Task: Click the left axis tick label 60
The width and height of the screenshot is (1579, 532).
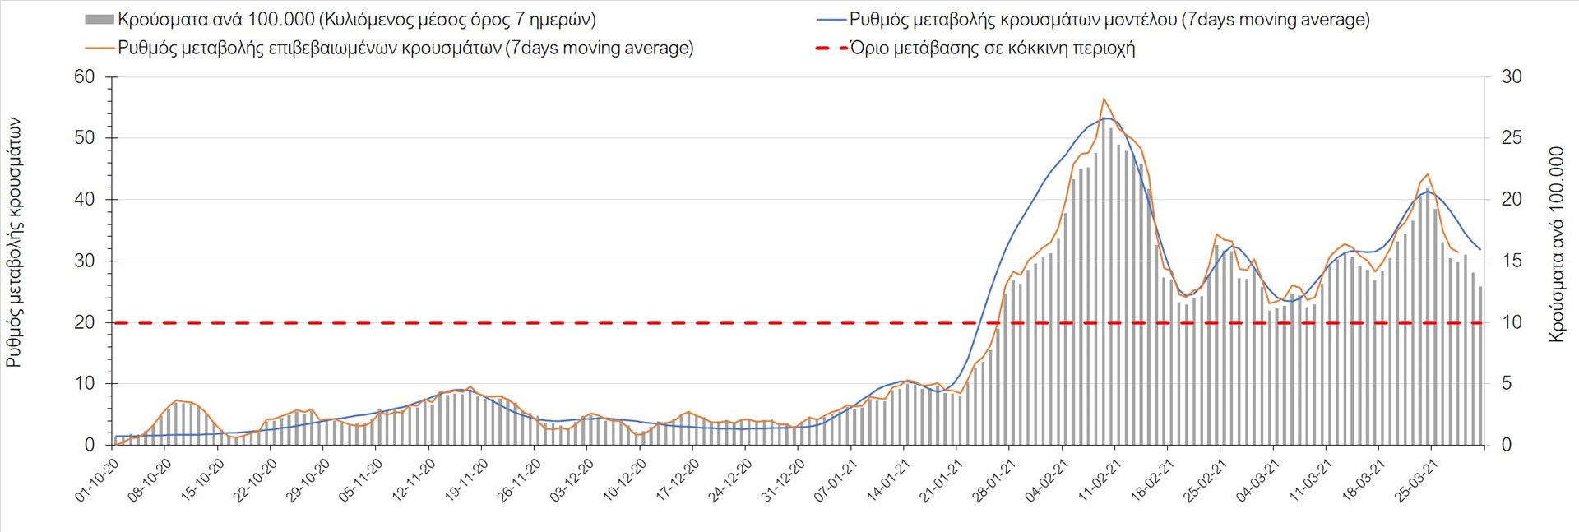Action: pyautogui.click(x=85, y=77)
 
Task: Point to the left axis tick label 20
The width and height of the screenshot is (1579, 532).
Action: pyautogui.click(x=85, y=322)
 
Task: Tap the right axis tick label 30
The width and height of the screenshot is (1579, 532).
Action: pyautogui.click(x=1512, y=77)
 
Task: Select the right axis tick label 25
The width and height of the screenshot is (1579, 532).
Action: pyautogui.click(x=1512, y=138)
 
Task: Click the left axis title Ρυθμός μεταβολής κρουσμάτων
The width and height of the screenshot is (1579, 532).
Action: pyautogui.click(x=14, y=243)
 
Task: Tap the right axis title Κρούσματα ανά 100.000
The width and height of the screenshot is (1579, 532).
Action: pyautogui.click(x=1556, y=244)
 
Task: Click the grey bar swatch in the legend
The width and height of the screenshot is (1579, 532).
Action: pyautogui.click(x=99, y=20)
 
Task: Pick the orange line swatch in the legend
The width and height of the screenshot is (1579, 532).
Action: pyautogui.click(x=99, y=48)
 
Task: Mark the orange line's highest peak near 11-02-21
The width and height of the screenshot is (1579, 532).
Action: pyautogui.click(x=1104, y=99)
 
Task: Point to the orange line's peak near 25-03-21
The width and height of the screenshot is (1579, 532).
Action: pyautogui.click(x=1427, y=174)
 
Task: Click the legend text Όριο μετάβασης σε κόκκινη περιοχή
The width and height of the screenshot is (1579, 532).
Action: pyautogui.click(x=993, y=48)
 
